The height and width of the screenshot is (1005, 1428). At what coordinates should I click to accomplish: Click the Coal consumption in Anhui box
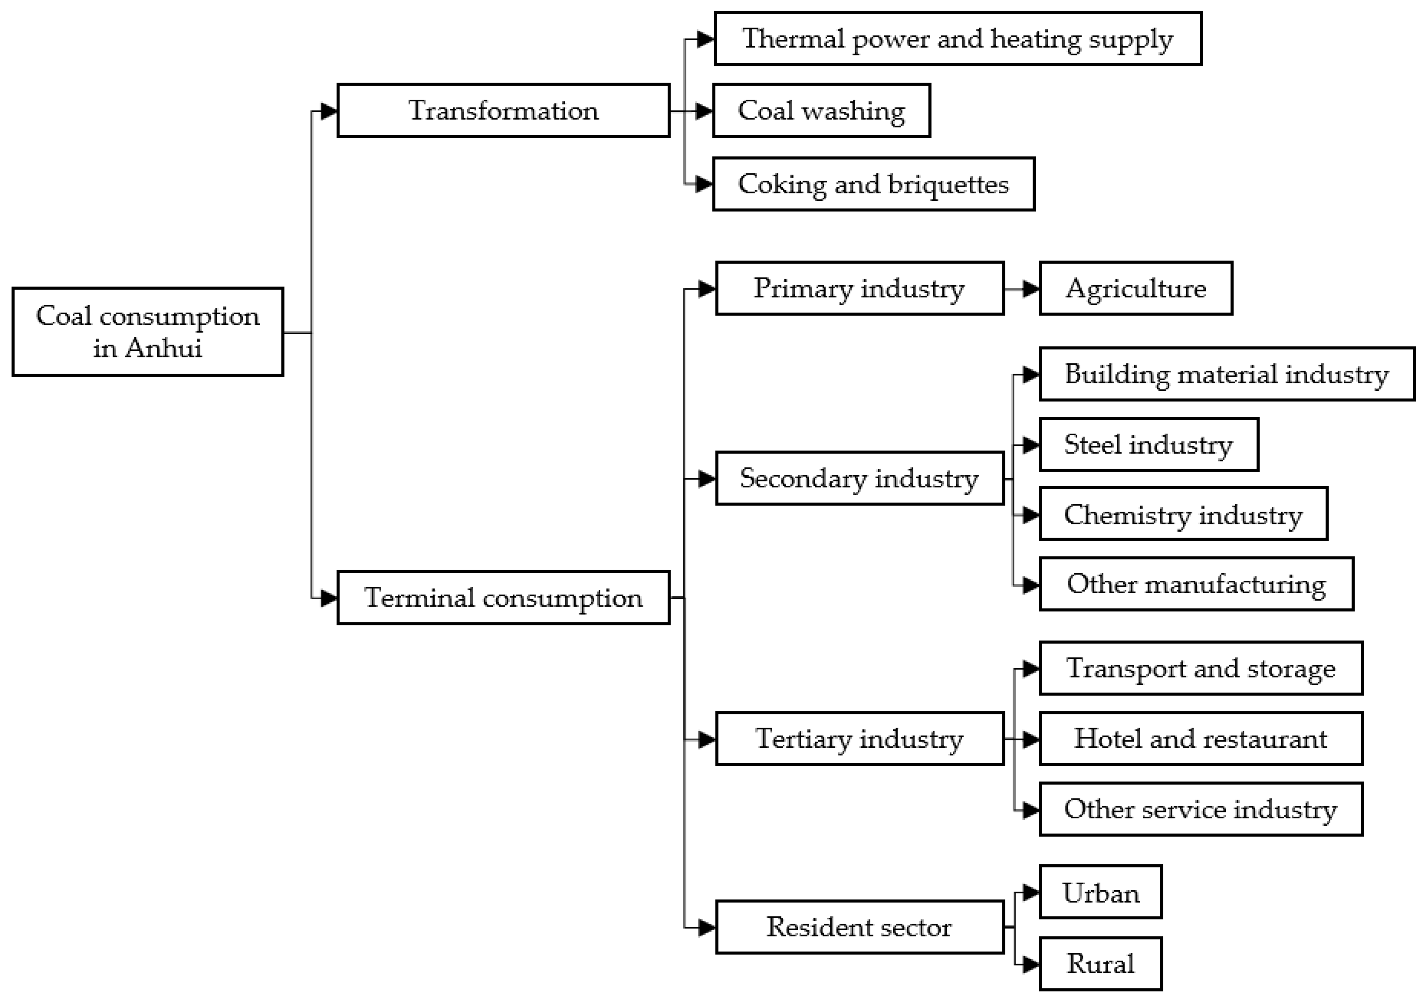[x=148, y=331]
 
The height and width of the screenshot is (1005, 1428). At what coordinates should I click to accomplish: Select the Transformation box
[x=503, y=111]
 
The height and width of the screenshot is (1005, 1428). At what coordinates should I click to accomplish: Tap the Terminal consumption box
[x=503, y=598]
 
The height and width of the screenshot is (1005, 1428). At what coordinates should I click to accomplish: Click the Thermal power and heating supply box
[x=958, y=39]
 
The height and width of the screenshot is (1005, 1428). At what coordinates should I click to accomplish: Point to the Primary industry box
[x=859, y=288]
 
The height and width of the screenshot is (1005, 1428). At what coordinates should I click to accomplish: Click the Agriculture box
[x=1136, y=288]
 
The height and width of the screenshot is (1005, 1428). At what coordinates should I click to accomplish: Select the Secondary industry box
[x=859, y=478]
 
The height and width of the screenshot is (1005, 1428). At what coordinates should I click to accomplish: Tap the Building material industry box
[x=1226, y=374]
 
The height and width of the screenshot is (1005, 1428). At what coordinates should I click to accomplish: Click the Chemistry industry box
[x=1183, y=514]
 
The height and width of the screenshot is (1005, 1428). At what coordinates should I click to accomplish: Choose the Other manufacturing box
[x=1196, y=584]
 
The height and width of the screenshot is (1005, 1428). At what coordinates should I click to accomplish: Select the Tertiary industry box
[x=859, y=739]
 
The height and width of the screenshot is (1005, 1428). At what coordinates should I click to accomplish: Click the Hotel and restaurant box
[x=1200, y=739]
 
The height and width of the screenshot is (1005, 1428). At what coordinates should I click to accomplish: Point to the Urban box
[x=1100, y=892]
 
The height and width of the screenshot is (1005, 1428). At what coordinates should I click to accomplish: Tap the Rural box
[x=1100, y=963]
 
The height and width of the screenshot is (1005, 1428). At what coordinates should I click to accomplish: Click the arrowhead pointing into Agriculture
[x=1031, y=288]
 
